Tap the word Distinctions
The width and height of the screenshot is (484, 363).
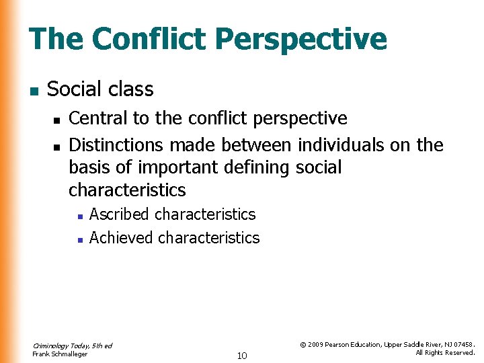point(117,145)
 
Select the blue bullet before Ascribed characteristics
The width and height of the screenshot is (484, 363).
point(79,216)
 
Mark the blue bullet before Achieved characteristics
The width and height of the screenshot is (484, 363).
point(79,239)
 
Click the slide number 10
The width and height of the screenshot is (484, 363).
point(242,356)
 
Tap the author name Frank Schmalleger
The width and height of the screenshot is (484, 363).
point(60,354)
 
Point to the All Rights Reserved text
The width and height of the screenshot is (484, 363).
point(445,353)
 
